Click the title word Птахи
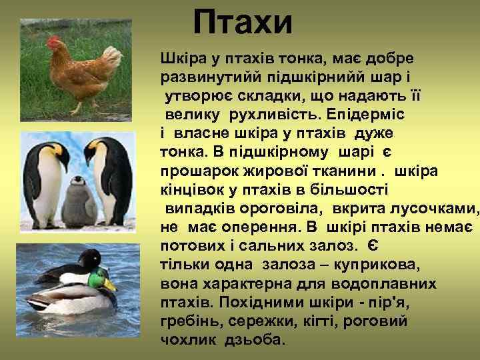pyautogui.click(x=243, y=22)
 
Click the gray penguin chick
pyautogui.click(x=79, y=200)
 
